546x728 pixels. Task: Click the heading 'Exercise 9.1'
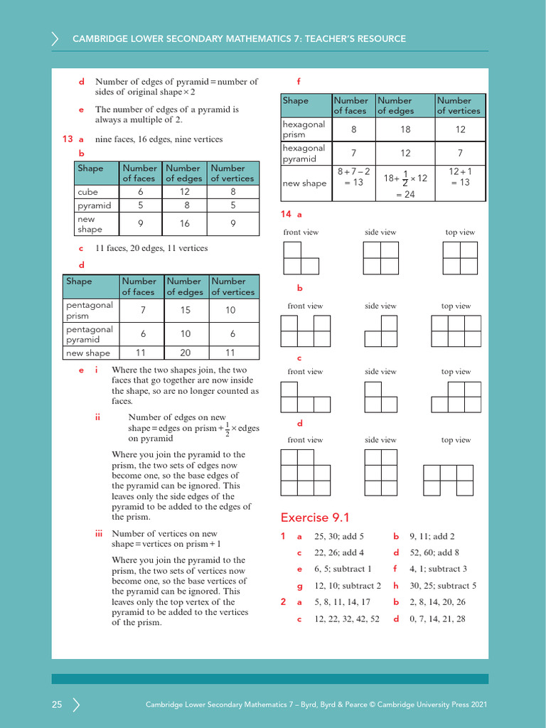[x=315, y=518]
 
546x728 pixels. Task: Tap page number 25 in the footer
[x=57, y=705]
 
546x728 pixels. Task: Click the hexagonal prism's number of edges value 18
[x=405, y=129]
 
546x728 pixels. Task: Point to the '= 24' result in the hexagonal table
[x=405, y=194]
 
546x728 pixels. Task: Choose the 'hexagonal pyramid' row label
[x=304, y=154]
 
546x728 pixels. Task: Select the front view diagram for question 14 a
[x=301, y=257]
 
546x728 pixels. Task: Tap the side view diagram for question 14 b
[x=380, y=331]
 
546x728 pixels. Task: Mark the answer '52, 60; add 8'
[x=434, y=552]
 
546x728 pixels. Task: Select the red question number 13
[x=68, y=139]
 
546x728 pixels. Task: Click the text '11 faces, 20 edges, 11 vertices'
[x=151, y=248]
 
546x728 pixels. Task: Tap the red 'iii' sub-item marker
[x=100, y=534]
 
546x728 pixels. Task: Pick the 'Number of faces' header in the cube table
[x=139, y=173]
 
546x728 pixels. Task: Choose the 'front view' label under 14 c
[x=305, y=372]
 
